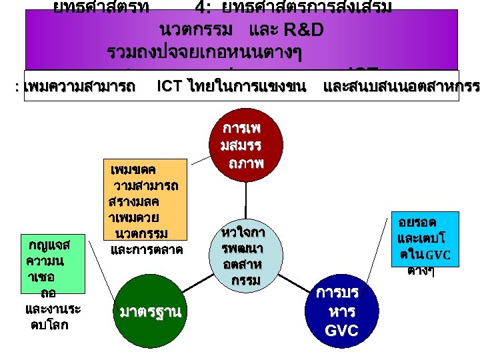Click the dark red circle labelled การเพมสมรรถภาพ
tap(245, 145)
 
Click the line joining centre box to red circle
tap(246, 200)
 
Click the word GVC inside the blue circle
tap(341, 330)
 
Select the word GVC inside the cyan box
tap(438, 255)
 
